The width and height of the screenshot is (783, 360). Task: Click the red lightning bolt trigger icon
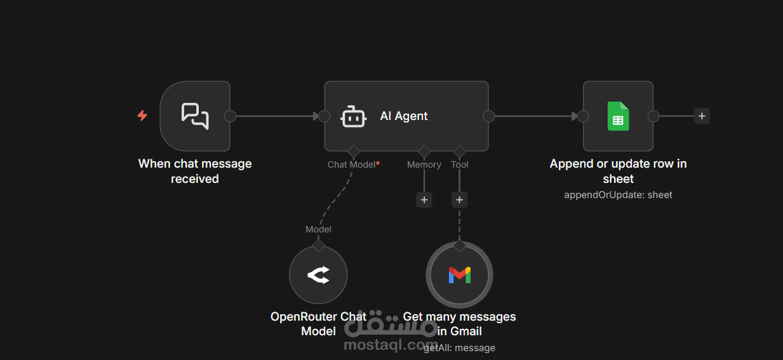pyautogui.click(x=142, y=116)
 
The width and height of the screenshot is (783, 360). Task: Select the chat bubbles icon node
pyautogui.click(x=195, y=116)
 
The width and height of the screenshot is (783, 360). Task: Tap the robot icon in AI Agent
pyautogui.click(x=353, y=117)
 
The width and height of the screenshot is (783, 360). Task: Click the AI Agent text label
pyautogui.click(x=404, y=116)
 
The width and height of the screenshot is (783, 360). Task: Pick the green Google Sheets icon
pyautogui.click(x=618, y=116)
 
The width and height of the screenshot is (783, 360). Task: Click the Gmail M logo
pyautogui.click(x=459, y=275)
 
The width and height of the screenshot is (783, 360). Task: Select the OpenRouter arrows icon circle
pyautogui.click(x=318, y=275)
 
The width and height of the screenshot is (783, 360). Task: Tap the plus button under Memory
pyautogui.click(x=424, y=200)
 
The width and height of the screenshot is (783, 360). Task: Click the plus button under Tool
pyautogui.click(x=460, y=200)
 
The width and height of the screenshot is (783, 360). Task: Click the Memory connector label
pyautogui.click(x=424, y=164)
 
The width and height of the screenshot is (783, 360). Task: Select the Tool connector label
pyautogui.click(x=460, y=164)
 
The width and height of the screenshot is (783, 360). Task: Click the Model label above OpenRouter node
pyautogui.click(x=318, y=229)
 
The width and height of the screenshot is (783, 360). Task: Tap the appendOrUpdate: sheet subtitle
pyautogui.click(x=618, y=195)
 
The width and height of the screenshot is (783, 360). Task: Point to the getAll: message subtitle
pyautogui.click(x=459, y=348)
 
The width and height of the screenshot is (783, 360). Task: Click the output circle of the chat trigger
pyautogui.click(x=231, y=116)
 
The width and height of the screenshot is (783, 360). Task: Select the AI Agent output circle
pyautogui.click(x=489, y=116)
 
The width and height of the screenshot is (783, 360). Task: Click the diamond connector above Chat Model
pyautogui.click(x=353, y=151)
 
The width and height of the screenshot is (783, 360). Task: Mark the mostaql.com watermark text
pyautogui.click(x=391, y=345)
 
